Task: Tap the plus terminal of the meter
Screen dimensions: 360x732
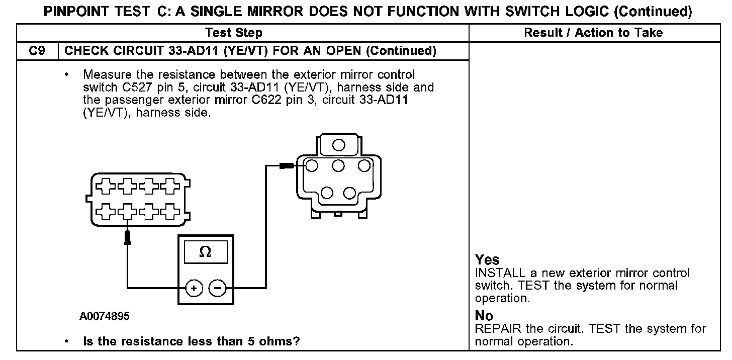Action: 194,288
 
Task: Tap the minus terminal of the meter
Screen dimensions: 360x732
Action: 217,288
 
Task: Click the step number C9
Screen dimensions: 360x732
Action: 37,51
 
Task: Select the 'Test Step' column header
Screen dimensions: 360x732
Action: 233,33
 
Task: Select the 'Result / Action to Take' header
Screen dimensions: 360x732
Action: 593,33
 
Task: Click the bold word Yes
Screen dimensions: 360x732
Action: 487,260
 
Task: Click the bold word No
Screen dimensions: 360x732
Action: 484,316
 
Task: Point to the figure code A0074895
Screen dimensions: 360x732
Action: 105,317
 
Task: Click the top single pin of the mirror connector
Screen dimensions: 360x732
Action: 338,145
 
